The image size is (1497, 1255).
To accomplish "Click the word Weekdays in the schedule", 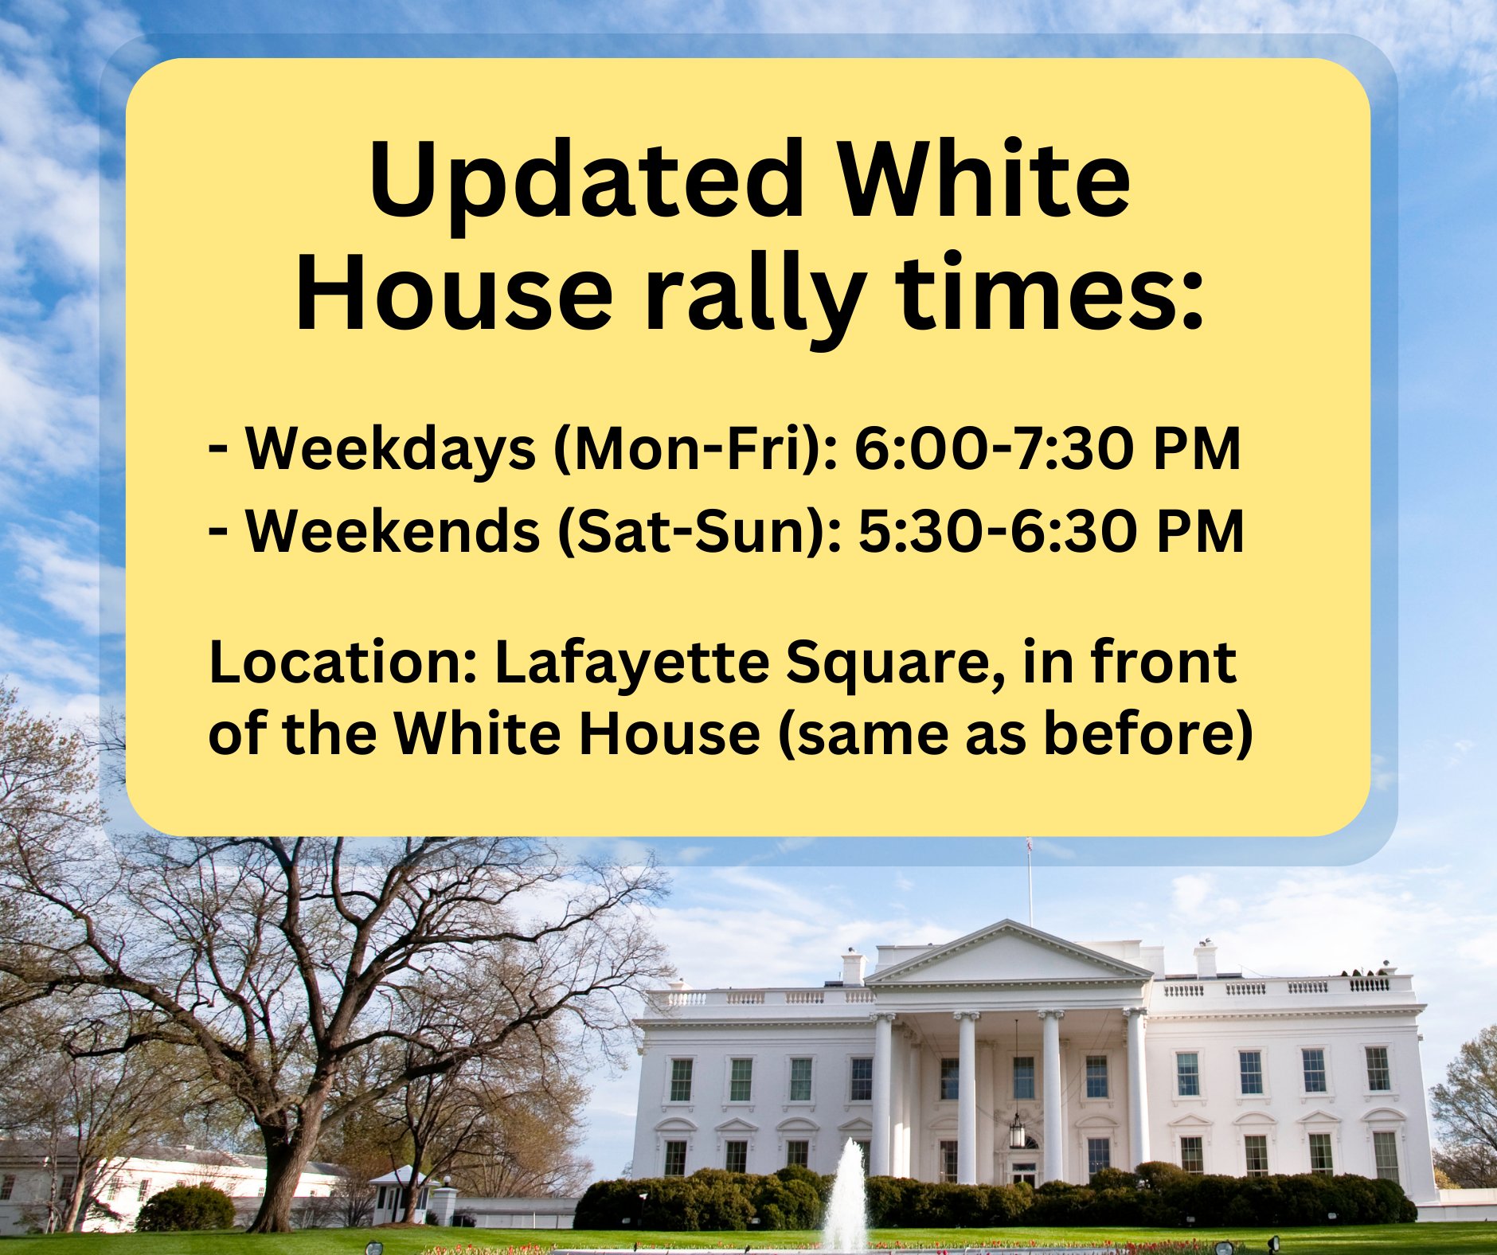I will point(390,449).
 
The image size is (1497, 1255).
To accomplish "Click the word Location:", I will point(342,663).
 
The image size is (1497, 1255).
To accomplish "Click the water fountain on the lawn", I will point(846,1194).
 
